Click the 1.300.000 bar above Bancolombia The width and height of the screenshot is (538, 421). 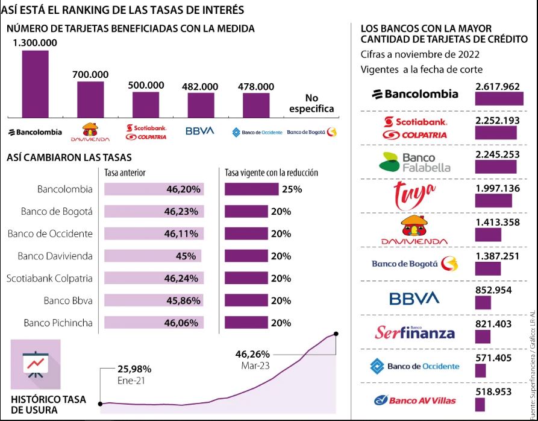(x=35, y=84)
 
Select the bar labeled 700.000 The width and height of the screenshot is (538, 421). (x=90, y=100)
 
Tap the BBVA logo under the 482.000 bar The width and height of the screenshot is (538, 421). (x=199, y=131)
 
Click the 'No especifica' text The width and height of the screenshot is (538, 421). (x=311, y=104)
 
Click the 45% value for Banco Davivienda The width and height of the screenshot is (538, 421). (x=186, y=256)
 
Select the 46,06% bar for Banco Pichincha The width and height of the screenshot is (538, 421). (x=154, y=323)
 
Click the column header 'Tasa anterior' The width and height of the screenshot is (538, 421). (x=125, y=173)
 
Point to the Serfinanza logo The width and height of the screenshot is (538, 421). (x=415, y=332)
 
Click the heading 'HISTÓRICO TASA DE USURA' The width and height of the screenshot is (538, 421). (x=49, y=404)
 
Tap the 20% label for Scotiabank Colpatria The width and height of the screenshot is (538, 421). (x=281, y=278)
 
